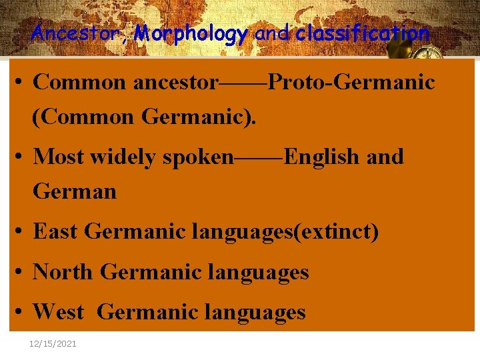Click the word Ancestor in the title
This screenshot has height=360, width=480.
click(80, 33)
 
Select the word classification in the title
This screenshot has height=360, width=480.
click(363, 33)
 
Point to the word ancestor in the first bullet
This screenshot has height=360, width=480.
click(175, 83)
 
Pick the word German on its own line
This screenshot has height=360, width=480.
click(75, 191)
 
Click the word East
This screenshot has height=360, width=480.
click(56, 232)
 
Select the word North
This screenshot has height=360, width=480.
click(63, 272)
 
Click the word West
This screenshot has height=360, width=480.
click(58, 311)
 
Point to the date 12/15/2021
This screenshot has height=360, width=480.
click(53, 343)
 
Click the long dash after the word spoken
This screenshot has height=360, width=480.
click(259, 157)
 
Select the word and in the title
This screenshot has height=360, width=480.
click(271, 33)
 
